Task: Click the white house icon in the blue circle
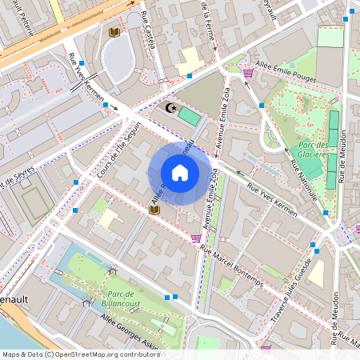point(180,173)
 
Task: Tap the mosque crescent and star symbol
point(169,107)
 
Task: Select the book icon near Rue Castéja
point(114,32)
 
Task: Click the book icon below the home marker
point(154,210)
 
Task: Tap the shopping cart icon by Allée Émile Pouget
point(248,73)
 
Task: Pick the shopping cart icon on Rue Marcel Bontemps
point(196,238)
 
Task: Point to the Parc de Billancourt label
point(122,298)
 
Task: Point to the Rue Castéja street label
point(147,30)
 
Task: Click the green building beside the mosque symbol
point(189,115)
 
